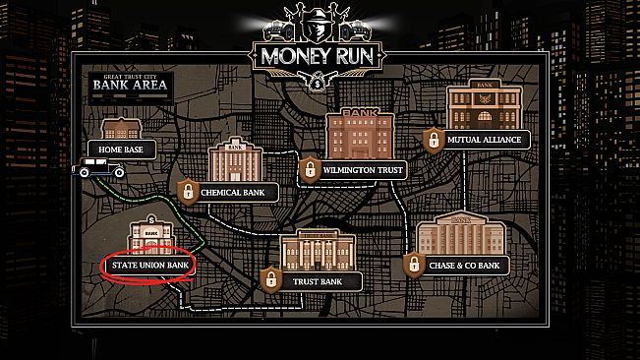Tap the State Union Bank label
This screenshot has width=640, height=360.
[147, 265]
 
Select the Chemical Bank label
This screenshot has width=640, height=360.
[234, 193]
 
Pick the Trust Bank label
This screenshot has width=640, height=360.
[316, 281]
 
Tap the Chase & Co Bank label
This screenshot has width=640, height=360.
[462, 265]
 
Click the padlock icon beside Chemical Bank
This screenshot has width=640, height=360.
[187, 190]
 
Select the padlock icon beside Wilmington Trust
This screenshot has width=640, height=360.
[310, 167]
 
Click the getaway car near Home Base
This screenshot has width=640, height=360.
[99, 169]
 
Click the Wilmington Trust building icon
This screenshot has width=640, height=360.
[361, 134]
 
